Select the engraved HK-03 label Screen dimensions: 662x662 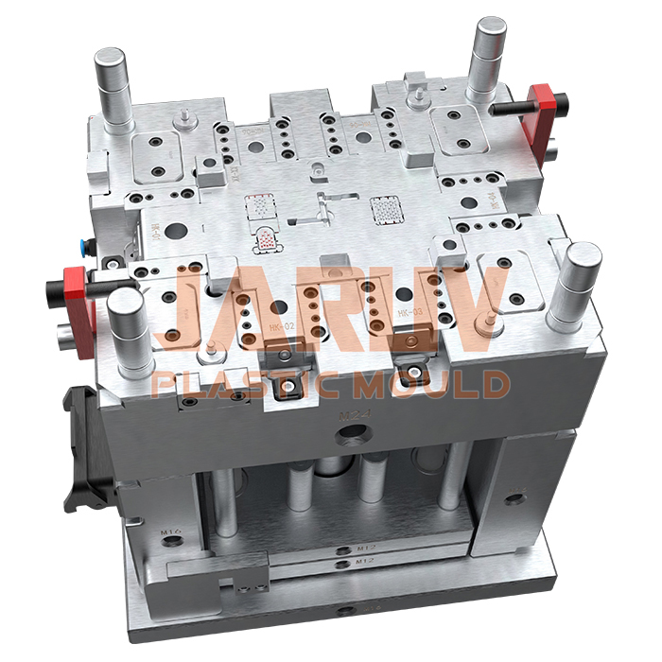tap(409, 311)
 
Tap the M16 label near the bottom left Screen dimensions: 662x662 tap(170, 533)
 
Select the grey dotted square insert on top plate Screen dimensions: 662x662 tap(385, 207)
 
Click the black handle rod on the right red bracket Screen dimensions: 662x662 tap(511, 107)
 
